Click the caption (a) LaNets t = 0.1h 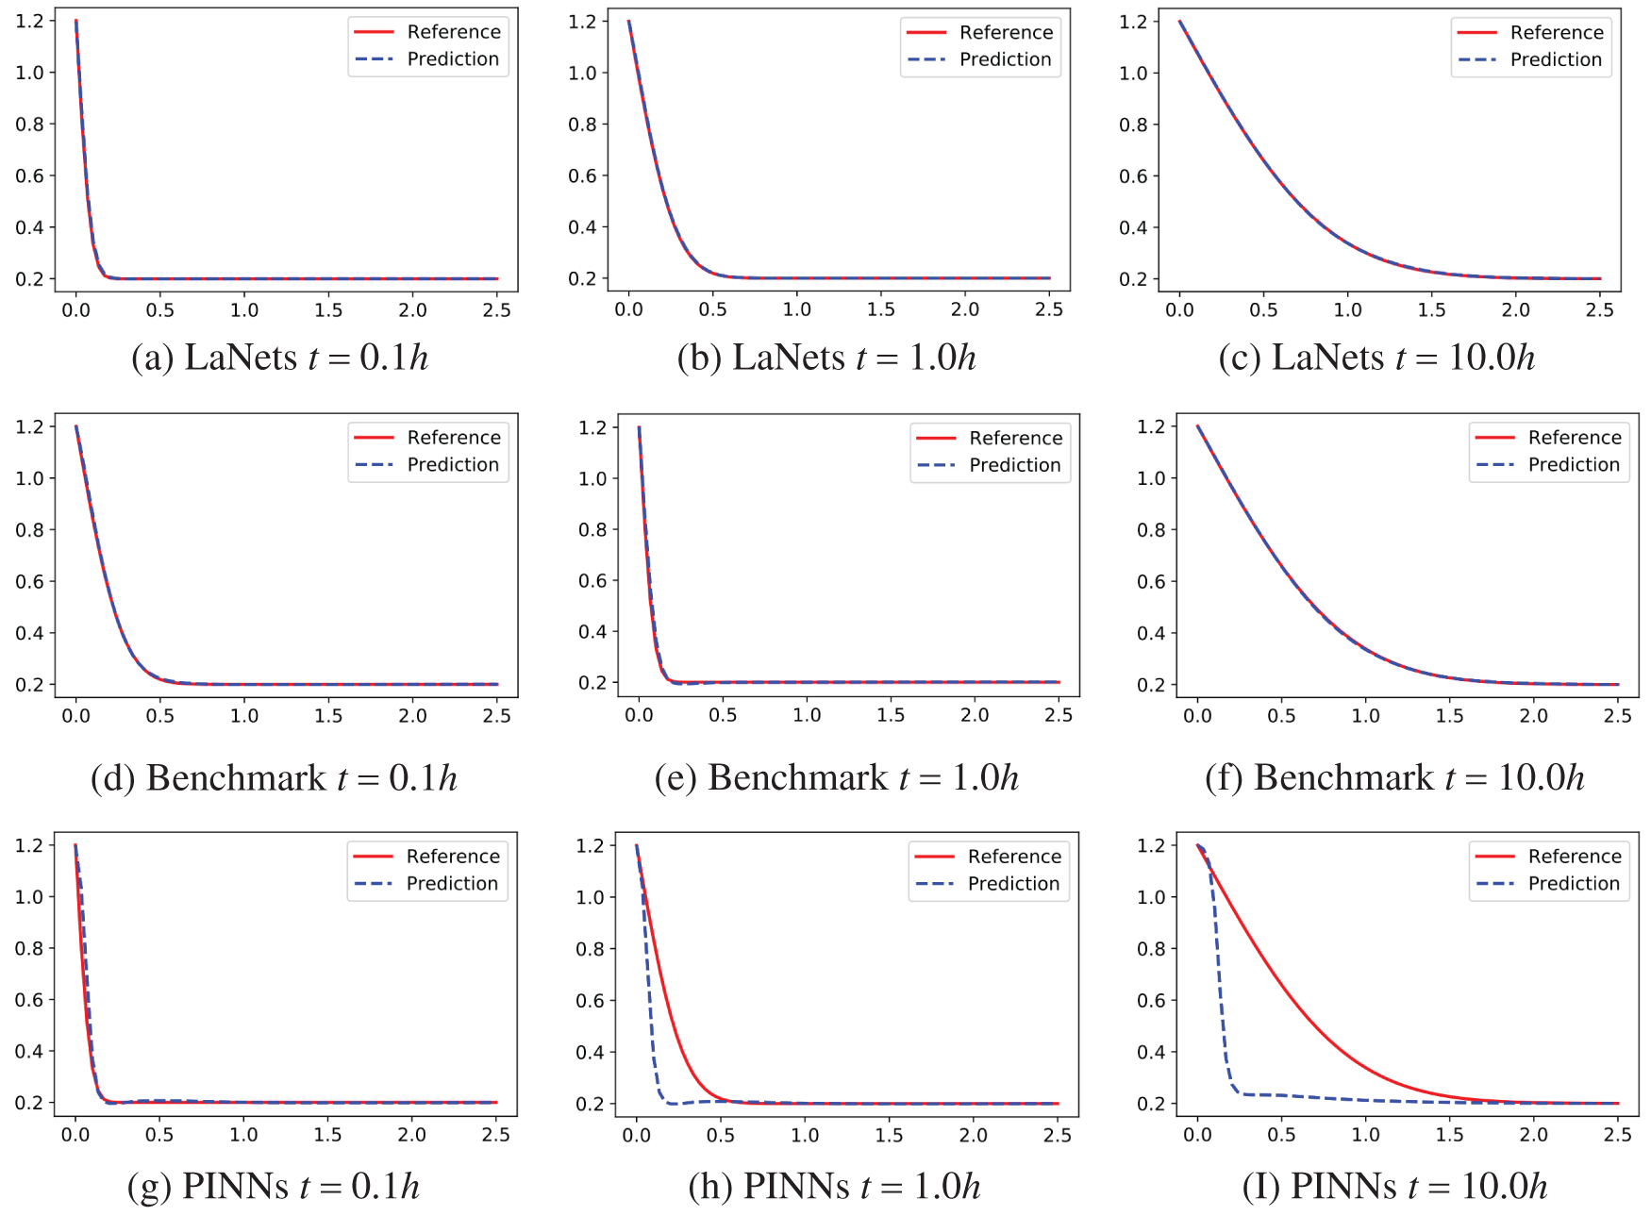coord(279,358)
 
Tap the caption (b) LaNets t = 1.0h coord(826,358)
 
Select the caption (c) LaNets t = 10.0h coord(1376,358)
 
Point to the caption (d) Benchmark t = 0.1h coord(274,778)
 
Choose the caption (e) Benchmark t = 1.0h coord(836,778)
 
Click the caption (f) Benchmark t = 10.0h coord(1394,778)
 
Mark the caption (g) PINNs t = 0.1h coord(273,1186)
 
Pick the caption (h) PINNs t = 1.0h coord(834,1186)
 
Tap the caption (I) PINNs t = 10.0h coord(1394,1186)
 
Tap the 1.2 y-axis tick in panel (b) coord(582,22)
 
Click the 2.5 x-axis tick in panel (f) coord(1617,716)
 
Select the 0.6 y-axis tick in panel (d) coord(29,581)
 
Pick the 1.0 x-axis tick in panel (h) coord(805,1135)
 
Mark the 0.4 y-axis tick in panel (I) coord(1151,1052)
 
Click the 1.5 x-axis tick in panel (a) coord(328,310)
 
